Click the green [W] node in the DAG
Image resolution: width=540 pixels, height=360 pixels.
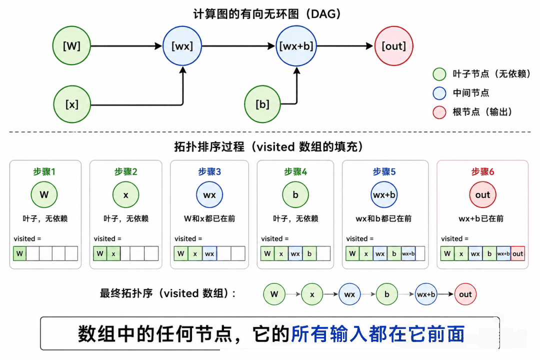(x=71, y=46)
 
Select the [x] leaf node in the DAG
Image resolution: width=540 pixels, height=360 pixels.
(x=72, y=104)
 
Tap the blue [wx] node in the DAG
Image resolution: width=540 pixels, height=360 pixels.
(x=182, y=46)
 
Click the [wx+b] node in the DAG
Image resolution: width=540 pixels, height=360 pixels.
(x=296, y=46)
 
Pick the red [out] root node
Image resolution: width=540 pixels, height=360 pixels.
(x=393, y=46)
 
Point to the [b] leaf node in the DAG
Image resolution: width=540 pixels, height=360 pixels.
(x=262, y=104)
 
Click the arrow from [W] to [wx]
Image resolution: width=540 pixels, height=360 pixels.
(x=126, y=46)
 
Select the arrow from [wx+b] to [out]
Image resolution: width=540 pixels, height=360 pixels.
(x=344, y=46)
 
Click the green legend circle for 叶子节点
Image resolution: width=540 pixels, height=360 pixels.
(x=439, y=74)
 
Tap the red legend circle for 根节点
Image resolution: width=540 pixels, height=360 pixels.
(x=439, y=112)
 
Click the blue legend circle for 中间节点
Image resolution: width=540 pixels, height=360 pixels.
(x=439, y=93)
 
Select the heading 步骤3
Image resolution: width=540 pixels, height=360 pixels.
(x=209, y=171)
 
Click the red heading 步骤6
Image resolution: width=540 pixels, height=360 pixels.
(x=482, y=171)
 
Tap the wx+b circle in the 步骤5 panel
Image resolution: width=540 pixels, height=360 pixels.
(x=384, y=194)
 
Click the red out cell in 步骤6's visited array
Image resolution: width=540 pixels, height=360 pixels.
(x=517, y=254)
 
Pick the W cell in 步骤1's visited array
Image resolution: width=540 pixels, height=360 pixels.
(x=19, y=253)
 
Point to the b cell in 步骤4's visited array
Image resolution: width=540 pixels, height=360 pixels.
(x=309, y=253)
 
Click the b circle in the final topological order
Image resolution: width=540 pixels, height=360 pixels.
(x=386, y=294)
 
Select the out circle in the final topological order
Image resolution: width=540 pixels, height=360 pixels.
(x=465, y=294)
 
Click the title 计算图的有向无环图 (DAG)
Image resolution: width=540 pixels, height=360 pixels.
(x=267, y=14)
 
